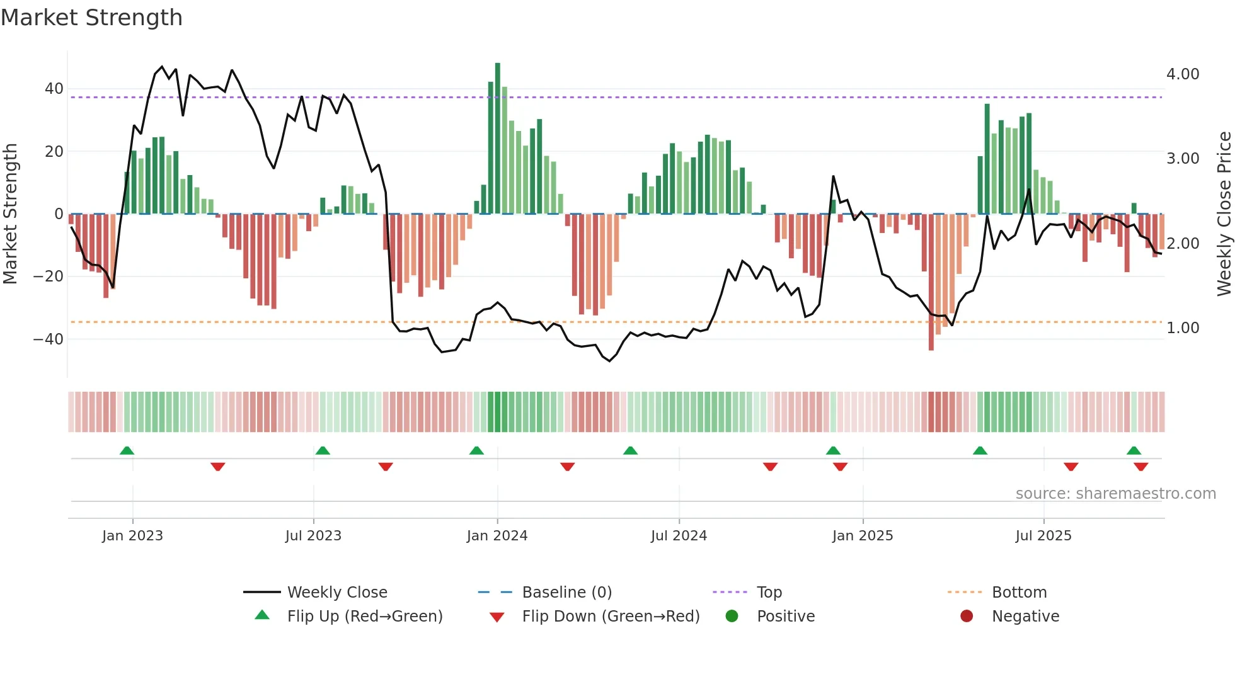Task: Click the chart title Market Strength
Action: click(91, 18)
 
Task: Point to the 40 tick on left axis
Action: click(54, 89)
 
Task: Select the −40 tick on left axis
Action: click(49, 339)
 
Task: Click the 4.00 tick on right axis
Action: click(1183, 74)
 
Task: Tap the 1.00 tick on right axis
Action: click(1183, 328)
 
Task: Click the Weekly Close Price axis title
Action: click(1224, 213)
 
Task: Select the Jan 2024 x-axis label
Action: click(497, 536)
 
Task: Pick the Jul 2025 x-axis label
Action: click(1043, 536)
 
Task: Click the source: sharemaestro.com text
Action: click(1115, 494)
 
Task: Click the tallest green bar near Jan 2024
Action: click(498, 139)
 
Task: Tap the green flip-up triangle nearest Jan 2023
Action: click(127, 450)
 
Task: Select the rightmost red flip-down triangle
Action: click(1140, 467)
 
